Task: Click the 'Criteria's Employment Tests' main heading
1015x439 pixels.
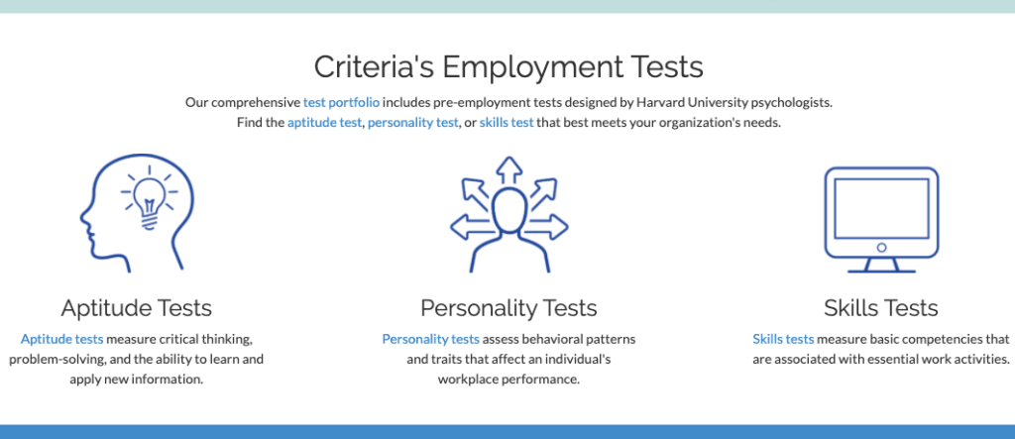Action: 508,67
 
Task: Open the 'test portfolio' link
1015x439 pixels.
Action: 341,102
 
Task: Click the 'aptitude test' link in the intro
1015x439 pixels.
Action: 324,122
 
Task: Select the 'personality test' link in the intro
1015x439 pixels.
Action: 413,122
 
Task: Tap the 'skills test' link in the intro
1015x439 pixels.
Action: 507,122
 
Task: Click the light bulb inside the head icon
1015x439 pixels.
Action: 149,201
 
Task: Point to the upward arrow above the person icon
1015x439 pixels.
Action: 508,170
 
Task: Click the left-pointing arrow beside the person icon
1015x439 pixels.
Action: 472,227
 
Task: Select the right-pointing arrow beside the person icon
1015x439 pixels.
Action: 546,227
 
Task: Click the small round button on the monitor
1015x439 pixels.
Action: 881,248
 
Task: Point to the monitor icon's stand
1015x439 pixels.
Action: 881,265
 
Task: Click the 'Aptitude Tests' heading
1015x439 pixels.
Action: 137,308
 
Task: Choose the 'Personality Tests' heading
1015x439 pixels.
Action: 508,308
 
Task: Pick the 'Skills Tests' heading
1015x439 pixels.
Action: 881,308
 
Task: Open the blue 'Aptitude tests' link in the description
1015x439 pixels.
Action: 62,339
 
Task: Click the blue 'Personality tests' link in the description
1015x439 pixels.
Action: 431,339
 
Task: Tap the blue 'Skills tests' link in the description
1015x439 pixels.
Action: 783,339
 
